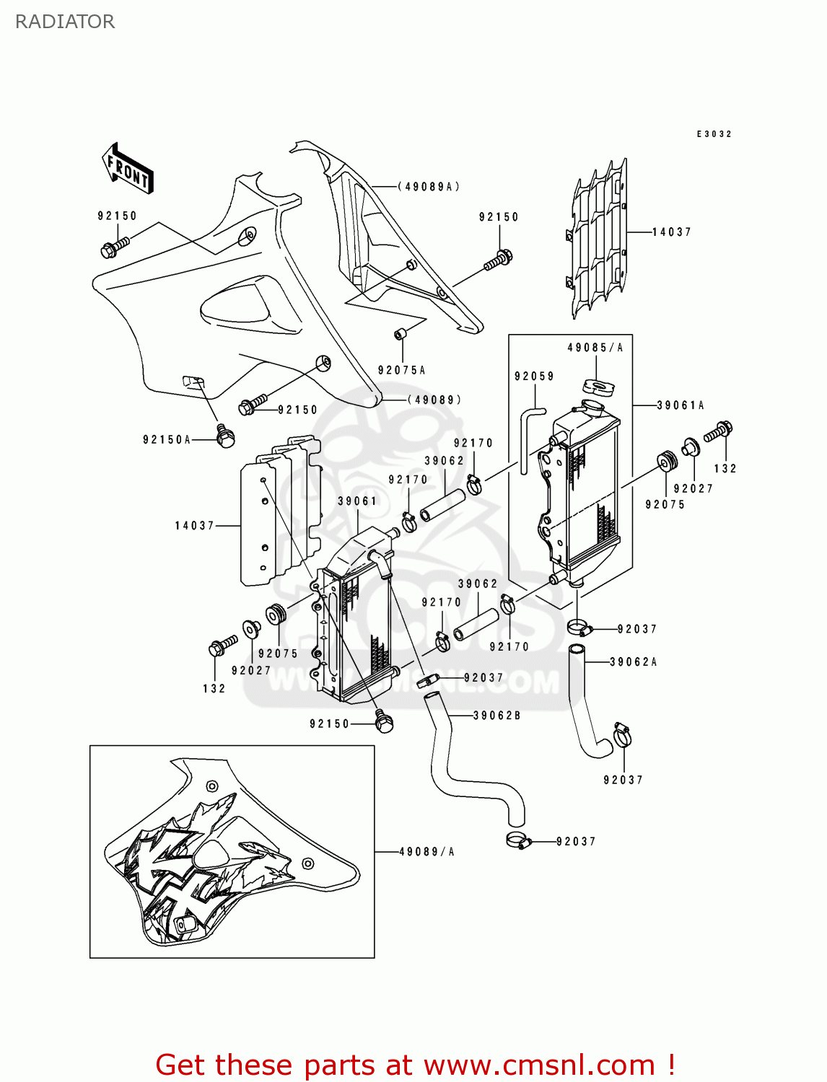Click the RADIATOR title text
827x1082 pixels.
[65, 22]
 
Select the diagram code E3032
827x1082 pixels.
[714, 134]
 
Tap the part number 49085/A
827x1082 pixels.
[595, 348]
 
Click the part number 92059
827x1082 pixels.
[534, 377]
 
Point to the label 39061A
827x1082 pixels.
[681, 405]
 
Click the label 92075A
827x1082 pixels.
[401, 370]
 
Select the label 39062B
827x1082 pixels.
[497, 716]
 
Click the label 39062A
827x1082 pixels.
[633, 661]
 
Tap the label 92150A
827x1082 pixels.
[167, 440]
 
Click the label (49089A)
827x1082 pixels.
[429, 187]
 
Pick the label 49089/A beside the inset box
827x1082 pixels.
[426, 852]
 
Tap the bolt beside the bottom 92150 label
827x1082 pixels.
[384, 721]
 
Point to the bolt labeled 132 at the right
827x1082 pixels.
[719, 431]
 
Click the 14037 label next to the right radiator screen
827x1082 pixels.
[671, 232]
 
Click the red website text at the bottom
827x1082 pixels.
[415, 1065]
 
